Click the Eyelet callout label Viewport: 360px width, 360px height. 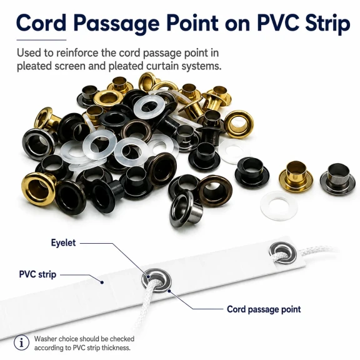(63, 242)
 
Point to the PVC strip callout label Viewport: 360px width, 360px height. (37, 274)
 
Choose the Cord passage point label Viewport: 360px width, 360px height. (264, 309)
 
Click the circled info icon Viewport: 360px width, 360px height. (22, 342)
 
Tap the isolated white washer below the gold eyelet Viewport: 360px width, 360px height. (279, 206)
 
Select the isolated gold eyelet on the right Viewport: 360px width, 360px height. (296, 176)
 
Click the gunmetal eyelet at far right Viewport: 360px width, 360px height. (337, 179)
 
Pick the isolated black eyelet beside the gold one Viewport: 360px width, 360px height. (252, 172)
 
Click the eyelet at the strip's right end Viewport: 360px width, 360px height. (283, 253)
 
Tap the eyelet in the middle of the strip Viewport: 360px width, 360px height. (157, 281)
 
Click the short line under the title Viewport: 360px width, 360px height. (41, 40)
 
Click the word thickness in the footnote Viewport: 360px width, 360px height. (116, 348)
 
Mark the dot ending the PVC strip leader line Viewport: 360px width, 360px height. (102, 282)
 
